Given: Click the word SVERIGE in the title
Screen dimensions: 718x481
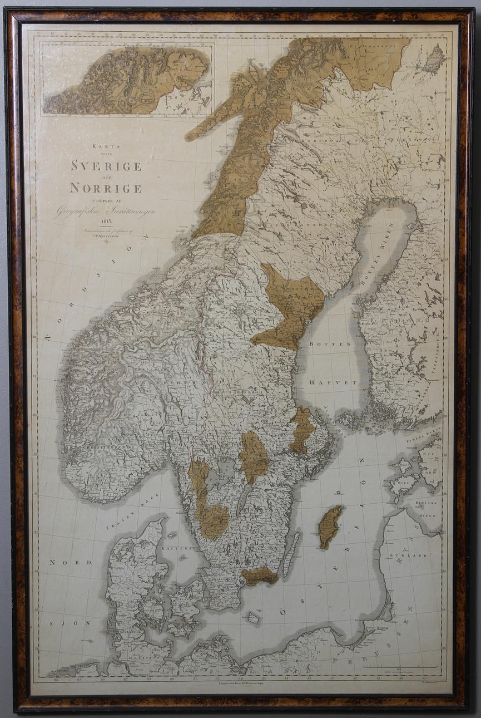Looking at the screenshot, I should [106, 166].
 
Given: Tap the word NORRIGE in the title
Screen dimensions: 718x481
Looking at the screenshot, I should [106, 188].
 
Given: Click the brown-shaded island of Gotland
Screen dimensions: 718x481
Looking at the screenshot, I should [329, 526].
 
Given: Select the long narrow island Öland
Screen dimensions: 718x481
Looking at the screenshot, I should [290, 554].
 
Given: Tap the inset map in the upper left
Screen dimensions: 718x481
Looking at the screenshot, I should [127, 80].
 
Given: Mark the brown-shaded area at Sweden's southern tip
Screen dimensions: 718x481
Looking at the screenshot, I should [260, 577].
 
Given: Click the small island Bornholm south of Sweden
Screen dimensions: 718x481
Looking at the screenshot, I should [253, 617].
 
